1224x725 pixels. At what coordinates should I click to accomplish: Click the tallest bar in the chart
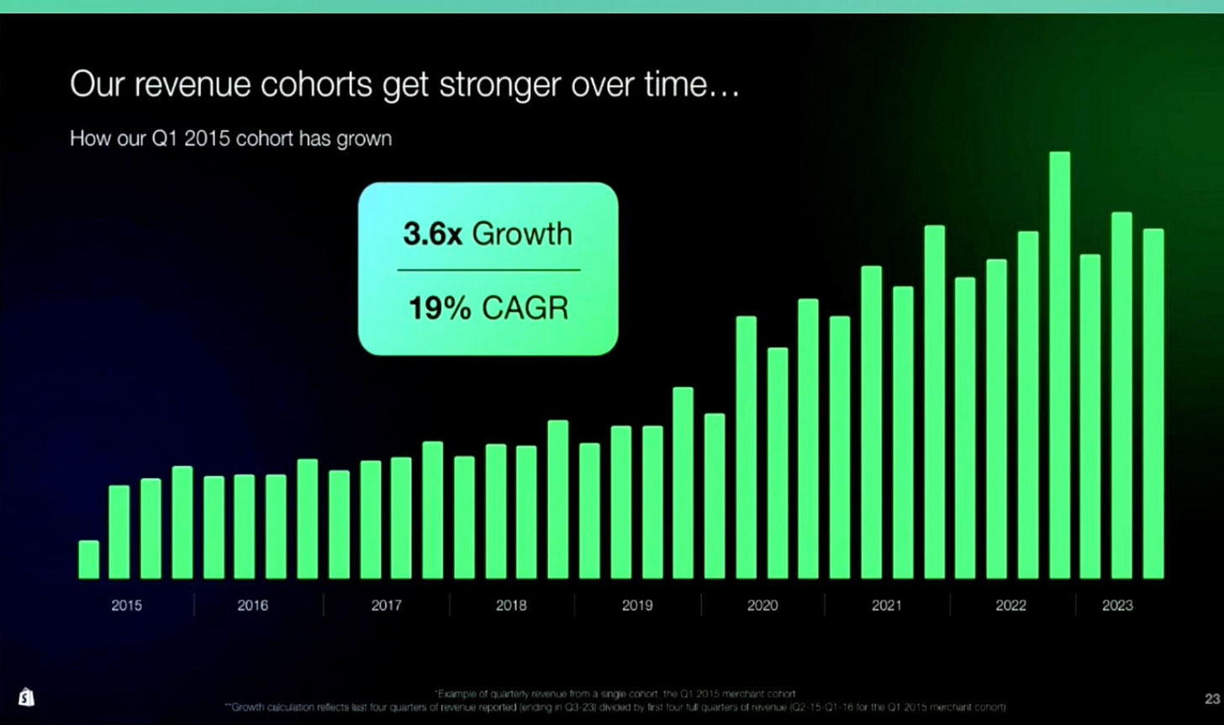pos(1059,365)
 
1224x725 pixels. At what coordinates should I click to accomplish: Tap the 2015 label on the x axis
pos(127,605)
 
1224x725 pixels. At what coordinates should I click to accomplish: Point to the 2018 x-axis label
pos(511,605)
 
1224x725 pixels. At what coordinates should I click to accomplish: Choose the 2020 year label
pos(762,605)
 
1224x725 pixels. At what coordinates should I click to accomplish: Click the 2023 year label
pos(1117,605)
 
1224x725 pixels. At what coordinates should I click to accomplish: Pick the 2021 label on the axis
pos(887,605)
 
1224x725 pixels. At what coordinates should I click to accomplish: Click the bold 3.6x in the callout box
pos(432,234)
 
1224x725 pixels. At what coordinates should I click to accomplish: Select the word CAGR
pos(525,309)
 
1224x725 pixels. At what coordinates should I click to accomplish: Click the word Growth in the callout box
pos(522,234)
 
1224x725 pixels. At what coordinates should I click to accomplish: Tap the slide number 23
pos(1211,699)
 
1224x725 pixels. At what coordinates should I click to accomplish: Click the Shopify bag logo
pos(26,697)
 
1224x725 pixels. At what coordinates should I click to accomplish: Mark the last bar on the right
pos(1153,404)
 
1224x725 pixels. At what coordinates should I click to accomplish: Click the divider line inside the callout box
pos(488,270)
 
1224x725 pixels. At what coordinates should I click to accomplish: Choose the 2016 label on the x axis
pos(252,605)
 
